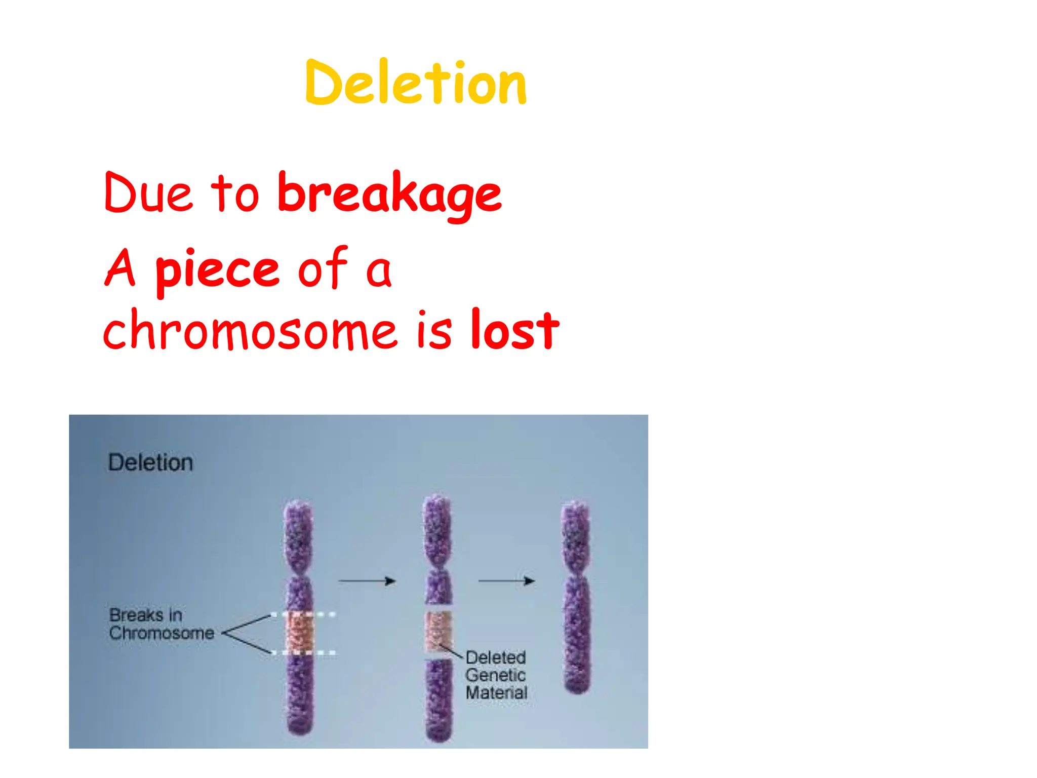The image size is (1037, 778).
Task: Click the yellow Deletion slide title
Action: click(415, 83)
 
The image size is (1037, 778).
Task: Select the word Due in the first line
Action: click(148, 194)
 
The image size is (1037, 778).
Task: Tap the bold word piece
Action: click(217, 270)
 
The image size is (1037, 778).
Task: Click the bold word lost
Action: click(514, 330)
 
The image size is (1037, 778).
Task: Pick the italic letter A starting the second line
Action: click(121, 268)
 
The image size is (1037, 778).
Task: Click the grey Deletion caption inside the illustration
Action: click(150, 463)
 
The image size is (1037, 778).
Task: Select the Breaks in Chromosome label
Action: click(161, 624)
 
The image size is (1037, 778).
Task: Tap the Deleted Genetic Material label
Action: click(496, 675)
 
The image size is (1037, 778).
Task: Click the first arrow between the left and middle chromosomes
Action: click(367, 581)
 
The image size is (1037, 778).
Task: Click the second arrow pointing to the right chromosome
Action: click(506, 581)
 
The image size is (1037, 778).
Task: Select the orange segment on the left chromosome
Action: click(300, 633)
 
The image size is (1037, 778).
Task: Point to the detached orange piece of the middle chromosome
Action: click(438, 631)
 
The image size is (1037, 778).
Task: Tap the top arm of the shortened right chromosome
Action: click(576, 537)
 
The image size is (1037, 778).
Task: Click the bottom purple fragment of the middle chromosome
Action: click(438, 699)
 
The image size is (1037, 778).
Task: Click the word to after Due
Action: click(234, 194)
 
